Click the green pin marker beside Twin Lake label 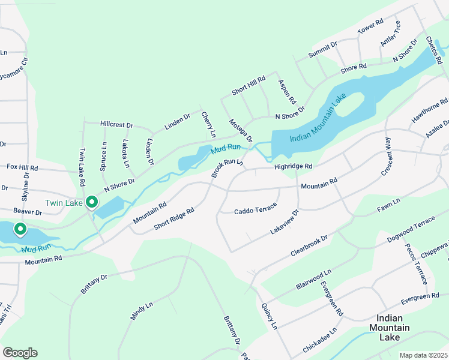(91, 203)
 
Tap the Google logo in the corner (20, 353)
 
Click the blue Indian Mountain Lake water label (319, 120)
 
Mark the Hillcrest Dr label (116, 124)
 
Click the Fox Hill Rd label (22, 167)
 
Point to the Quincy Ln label (269, 316)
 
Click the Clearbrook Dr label (309, 246)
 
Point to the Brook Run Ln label (227, 169)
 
